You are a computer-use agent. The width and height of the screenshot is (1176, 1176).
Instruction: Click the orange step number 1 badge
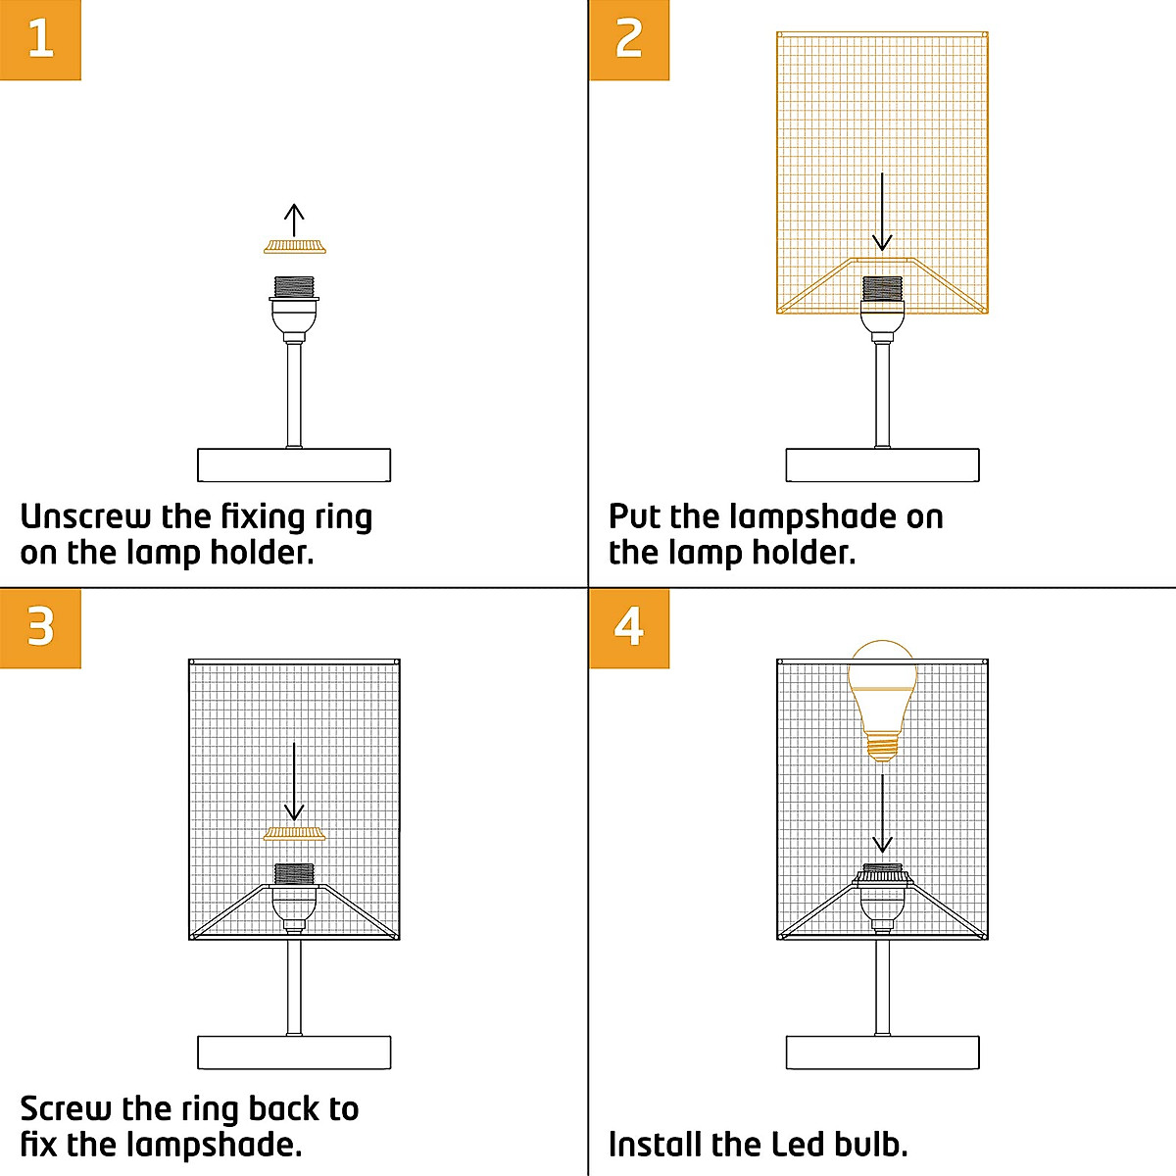(x=40, y=40)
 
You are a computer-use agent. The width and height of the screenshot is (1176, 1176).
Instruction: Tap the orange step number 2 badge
(x=629, y=40)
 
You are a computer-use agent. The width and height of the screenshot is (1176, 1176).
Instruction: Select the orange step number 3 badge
(x=40, y=628)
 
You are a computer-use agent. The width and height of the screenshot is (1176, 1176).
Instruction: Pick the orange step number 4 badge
(x=629, y=628)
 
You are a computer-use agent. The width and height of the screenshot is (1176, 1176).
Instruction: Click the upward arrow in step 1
(x=294, y=220)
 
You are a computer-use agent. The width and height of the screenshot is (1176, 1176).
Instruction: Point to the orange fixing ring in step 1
(x=294, y=246)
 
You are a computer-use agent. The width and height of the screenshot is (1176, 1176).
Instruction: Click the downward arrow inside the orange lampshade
(x=882, y=212)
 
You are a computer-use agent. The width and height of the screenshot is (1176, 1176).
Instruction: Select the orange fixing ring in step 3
(x=294, y=834)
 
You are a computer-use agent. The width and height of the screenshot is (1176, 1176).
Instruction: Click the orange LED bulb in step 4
(x=882, y=696)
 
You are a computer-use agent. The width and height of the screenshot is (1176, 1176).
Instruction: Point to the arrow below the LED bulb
(x=882, y=813)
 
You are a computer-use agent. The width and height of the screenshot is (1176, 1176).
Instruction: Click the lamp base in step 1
(x=294, y=465)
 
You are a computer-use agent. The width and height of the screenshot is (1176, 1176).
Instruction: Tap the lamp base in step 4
(x=882, y=1053)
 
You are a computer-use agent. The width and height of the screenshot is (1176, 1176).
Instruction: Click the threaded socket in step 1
(x=294, y=288)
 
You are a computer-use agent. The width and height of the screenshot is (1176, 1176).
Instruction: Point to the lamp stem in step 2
(x=882, y=392)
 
